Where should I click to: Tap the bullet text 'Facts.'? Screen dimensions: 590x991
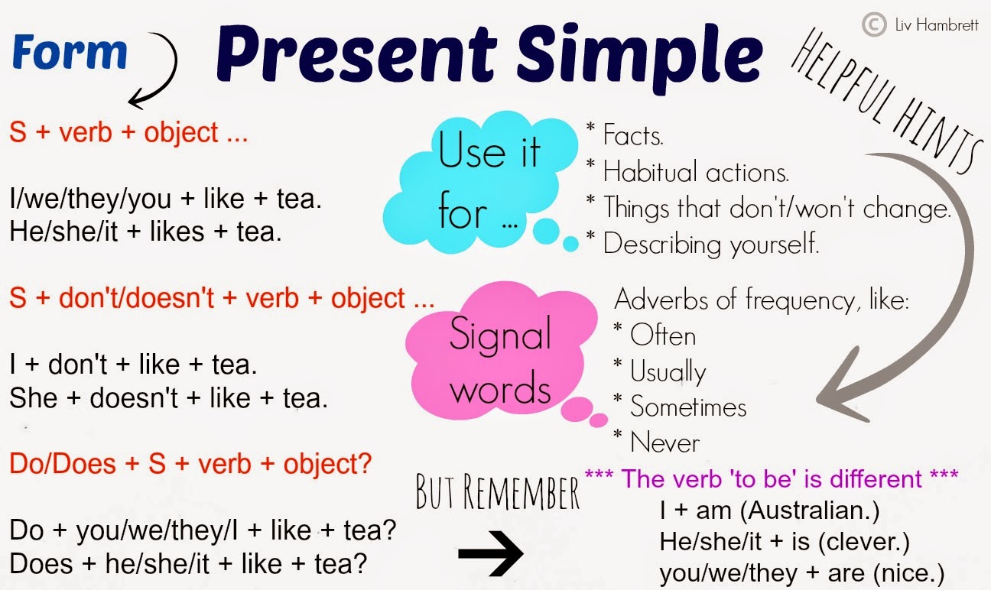(633, 135)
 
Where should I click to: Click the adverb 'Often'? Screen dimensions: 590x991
(663, 336)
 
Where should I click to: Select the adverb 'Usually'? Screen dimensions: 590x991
(668, 372)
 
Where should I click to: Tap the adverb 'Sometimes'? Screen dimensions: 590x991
(688, 407)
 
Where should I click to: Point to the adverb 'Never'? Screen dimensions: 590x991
(664, 442)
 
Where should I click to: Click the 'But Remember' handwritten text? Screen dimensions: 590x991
(498, 494)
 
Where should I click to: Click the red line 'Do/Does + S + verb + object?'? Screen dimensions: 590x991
(190, 463)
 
